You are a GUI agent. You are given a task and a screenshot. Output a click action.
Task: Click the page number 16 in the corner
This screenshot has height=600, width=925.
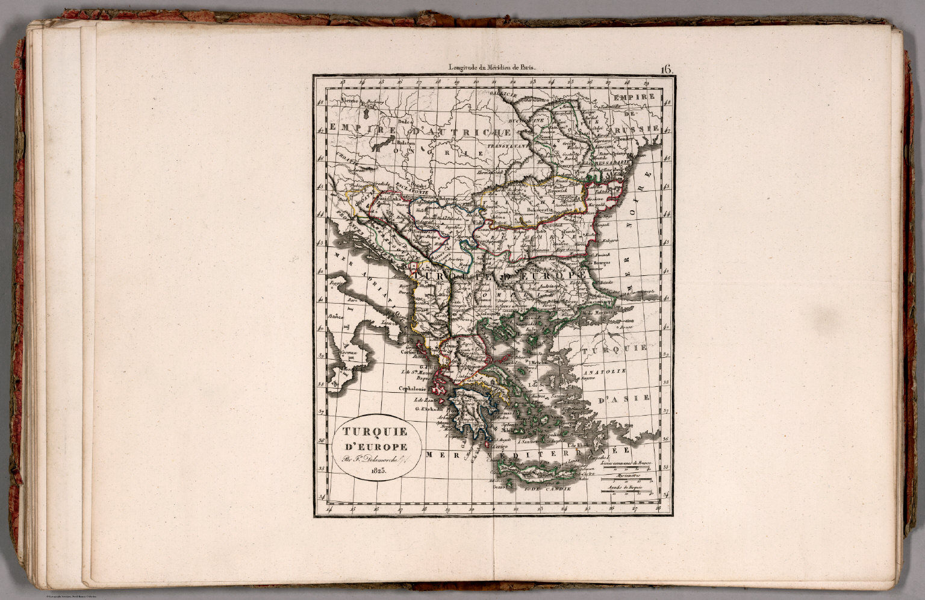pos(666,69)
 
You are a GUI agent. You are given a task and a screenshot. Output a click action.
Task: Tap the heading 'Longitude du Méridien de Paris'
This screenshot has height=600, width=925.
pos(491,68)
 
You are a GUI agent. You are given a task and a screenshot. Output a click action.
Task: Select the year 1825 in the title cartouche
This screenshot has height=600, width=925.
pos(378,471)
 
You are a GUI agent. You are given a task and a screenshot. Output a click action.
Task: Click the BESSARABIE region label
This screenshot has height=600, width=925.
pos(612,163)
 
